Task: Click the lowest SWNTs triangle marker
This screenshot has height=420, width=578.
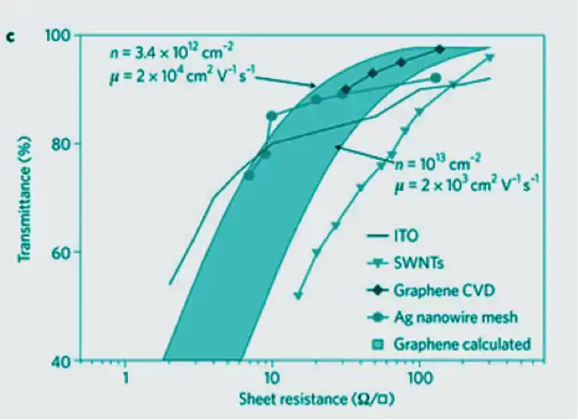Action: (x=298, y=296)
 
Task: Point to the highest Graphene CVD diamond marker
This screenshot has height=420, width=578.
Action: (x=440, y=49)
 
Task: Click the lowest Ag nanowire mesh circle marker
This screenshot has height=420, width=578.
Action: (x=249, y=176)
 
